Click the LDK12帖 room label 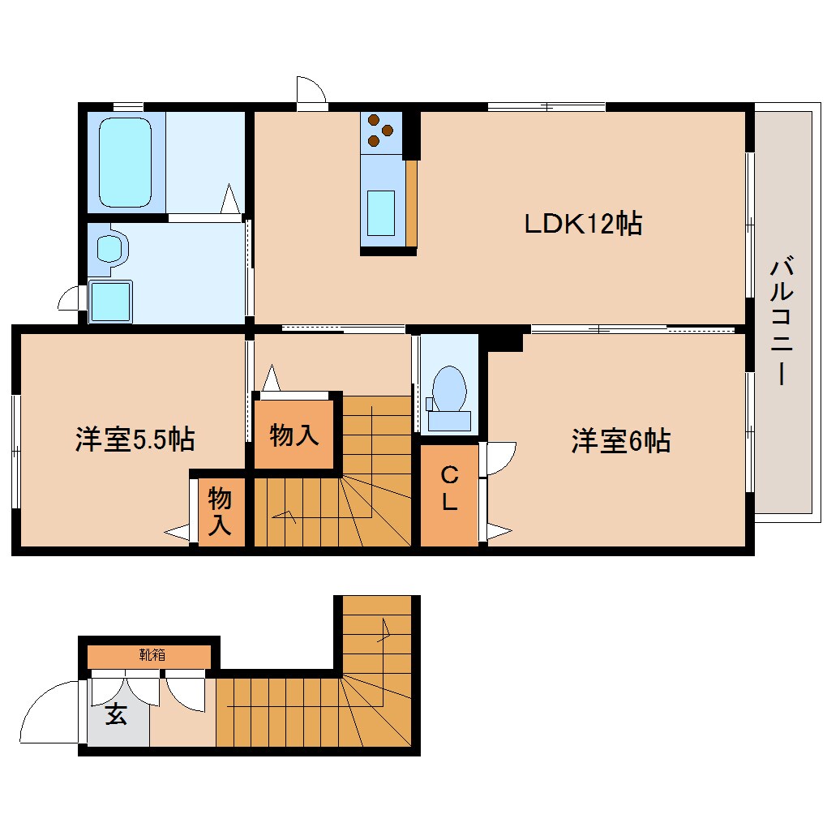click(x=582, y=223)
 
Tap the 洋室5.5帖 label click(x=135, y=439)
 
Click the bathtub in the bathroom click(x=125, y=163)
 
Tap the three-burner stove click(x=380, y=130)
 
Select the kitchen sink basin click(x=380, y=212)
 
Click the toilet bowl click(x=448, y=388)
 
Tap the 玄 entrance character click(x=117, y=715)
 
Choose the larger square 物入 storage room click(x=294, y=435)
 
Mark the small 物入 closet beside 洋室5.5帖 click(x=219, y=511)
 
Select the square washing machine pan click(x=110, y=301)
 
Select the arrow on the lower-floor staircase click(x=383, y=631)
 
